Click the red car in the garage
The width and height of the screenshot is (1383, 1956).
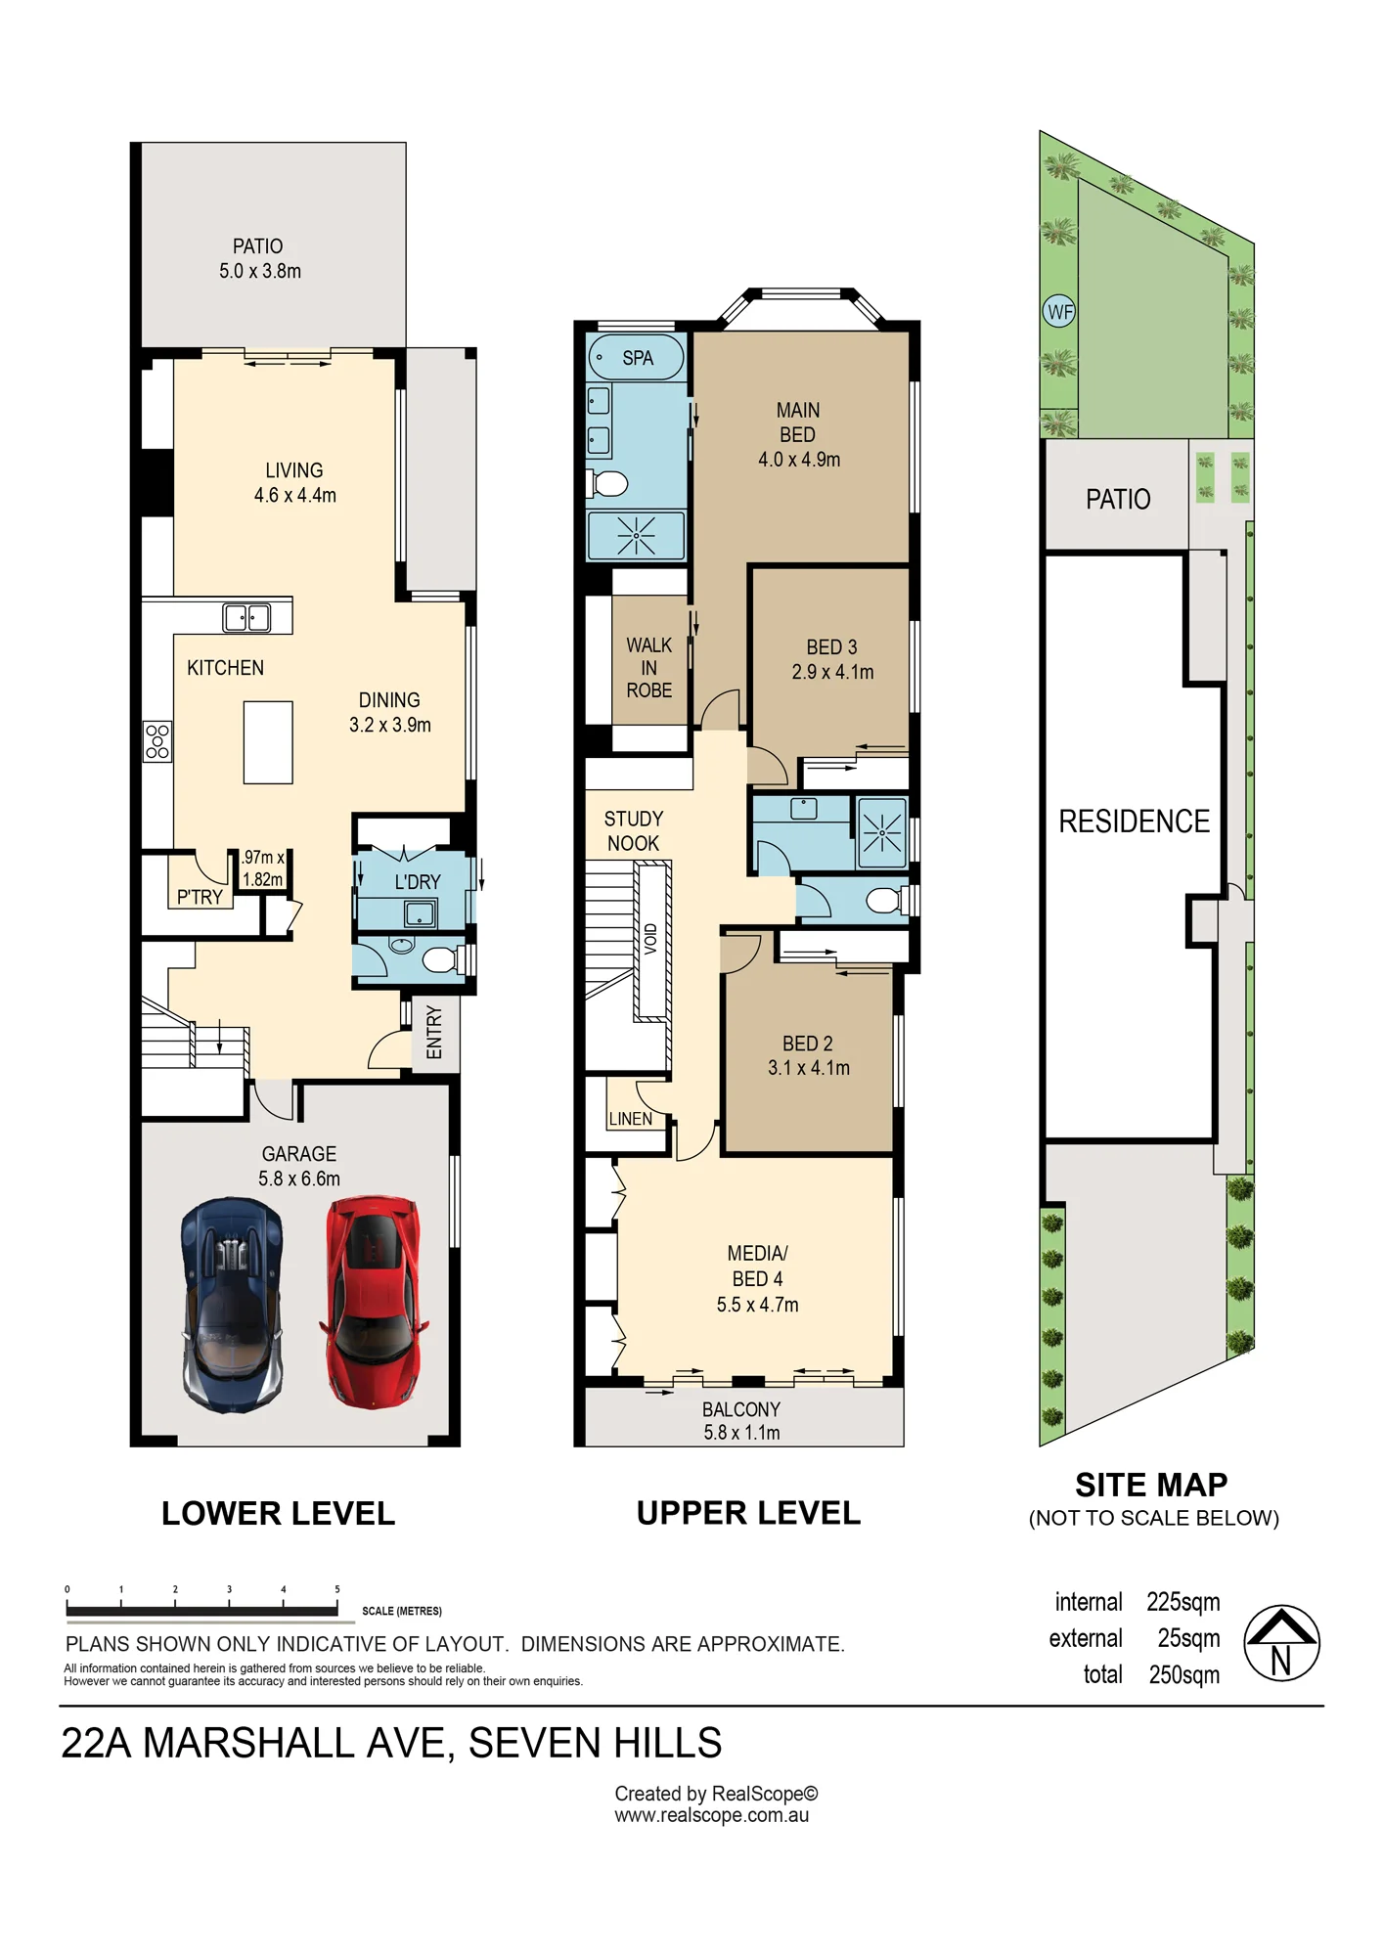[373, 1302]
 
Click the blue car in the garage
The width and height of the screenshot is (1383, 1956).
[232, 1305]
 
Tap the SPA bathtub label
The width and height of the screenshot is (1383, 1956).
[638, 358]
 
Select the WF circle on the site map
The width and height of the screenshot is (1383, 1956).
[1059, 312]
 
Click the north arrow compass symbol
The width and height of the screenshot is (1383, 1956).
[1281, 1643]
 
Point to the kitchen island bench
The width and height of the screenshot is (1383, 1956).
[268, 742]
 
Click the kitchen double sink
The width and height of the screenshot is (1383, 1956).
[246, 617]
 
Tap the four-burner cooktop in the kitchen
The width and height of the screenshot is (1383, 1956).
[157, 740]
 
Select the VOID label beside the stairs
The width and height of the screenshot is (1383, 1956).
[651, 939]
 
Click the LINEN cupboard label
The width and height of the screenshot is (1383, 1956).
[630, 1119]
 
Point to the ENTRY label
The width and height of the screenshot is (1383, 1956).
[434, 1033]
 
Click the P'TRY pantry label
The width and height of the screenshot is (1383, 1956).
[200, 897]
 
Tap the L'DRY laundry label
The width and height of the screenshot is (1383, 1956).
[418, 882]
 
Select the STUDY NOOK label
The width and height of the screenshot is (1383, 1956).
[633, 831]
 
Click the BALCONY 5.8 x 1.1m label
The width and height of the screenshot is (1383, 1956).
[741, 1421]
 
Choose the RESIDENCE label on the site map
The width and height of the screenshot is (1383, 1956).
[1134, 822]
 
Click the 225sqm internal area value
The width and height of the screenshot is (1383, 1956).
[1183, 1602]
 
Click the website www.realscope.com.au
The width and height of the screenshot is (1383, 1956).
[711, 1815]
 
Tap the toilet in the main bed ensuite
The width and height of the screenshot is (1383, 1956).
[608, 483]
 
